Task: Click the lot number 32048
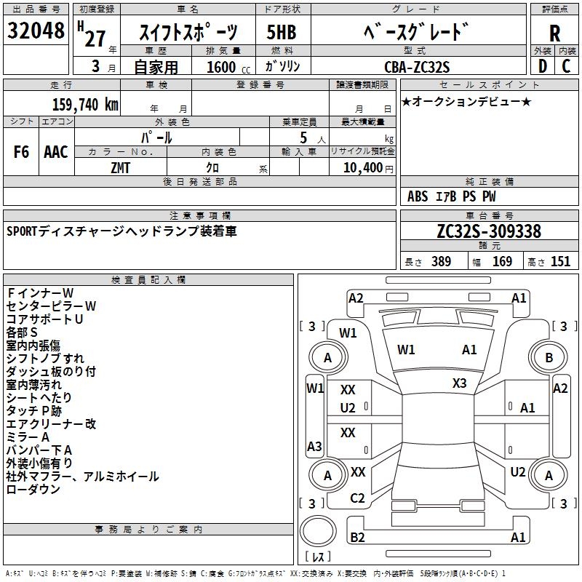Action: [x=36, y=31]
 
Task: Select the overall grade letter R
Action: [x=555, y=33]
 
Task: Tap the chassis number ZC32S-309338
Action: [x=489, y=231]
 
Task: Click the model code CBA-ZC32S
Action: [x=417, y=67]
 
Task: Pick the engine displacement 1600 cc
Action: [x=221, y=68]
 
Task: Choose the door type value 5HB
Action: [x=282, y=34]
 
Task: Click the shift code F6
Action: [x=21, y=152]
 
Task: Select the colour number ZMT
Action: [x=120, y=167]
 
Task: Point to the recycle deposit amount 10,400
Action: [x=361, y=167]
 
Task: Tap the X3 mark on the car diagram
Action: [x=459, y=383]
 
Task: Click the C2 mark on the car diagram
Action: [x=357, y=498]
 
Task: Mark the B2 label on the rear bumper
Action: [x=357, y=538]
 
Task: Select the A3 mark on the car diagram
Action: [x=314, y=446]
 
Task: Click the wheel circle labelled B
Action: [x=549, y=357]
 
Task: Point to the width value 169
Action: [x=503, y=261]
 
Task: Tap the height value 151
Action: [x=560, y=261]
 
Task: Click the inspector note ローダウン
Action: [x=33, y=490]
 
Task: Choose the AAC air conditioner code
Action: [x=56, y=152]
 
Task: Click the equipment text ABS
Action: [x=418, y=196]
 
